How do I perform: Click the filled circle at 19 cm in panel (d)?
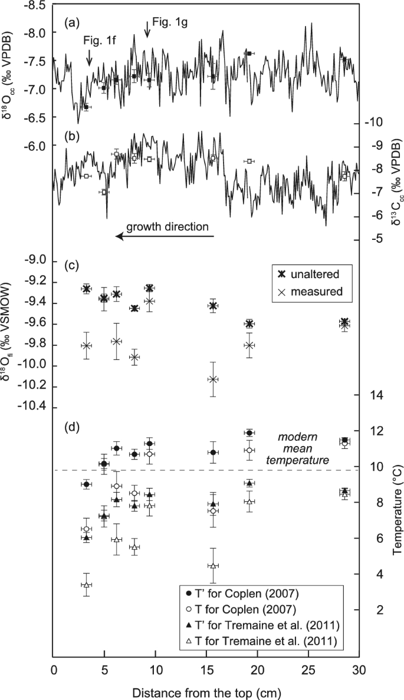click(249, 433)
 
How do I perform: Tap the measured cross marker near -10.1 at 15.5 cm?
click(214, 379)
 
